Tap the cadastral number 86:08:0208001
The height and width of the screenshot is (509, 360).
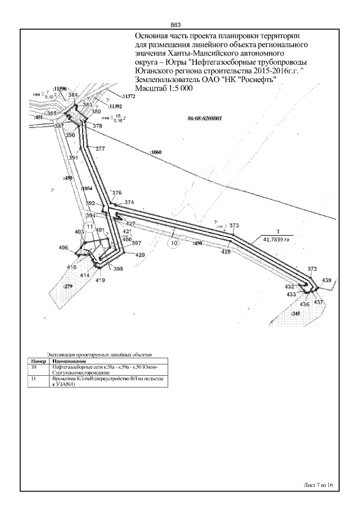(204, 119)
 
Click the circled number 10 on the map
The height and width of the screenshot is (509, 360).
(174, 244)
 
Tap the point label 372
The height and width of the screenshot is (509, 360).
(313, 269)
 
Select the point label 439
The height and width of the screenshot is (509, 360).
(327, 280)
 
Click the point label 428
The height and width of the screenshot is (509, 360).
(226, 252)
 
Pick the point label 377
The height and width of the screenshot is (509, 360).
(100, 149)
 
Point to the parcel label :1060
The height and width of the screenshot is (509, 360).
(156, 152)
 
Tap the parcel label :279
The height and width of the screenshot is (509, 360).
(68, 287)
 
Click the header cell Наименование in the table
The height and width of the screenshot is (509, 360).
(64, 361)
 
